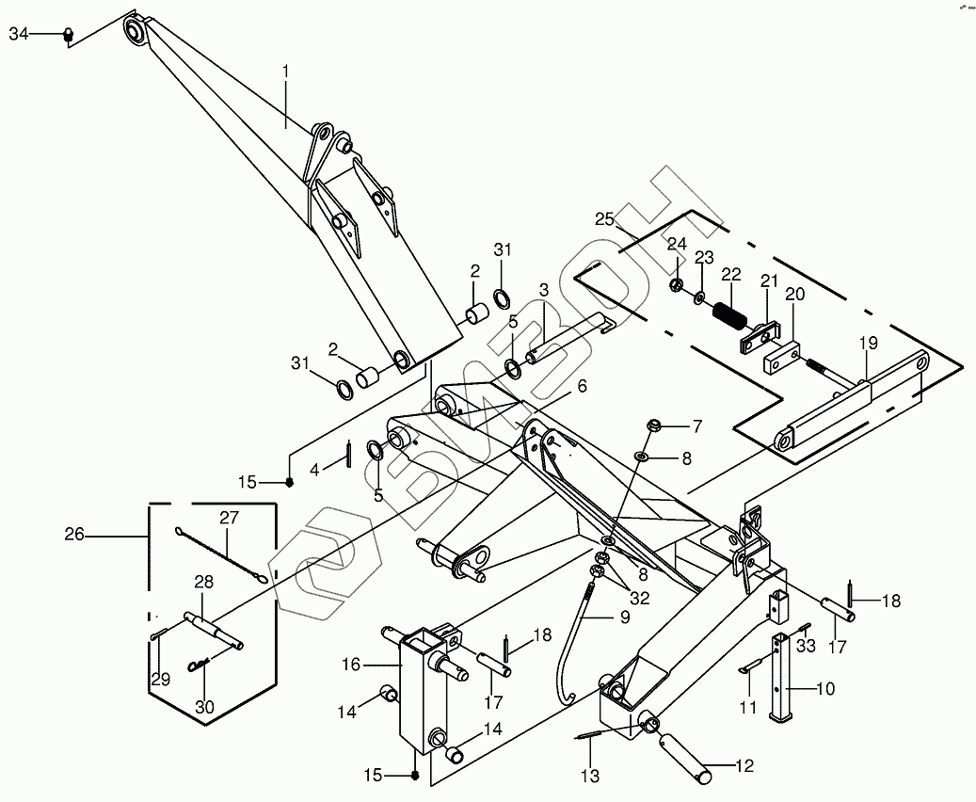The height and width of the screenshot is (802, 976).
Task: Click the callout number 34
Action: click(x=19, y=34)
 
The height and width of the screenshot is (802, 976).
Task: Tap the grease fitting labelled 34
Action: click(x=68, y=36)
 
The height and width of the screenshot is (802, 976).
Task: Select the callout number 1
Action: click(x=286, y=72)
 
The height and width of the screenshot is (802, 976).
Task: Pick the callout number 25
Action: click(x=604, y=219)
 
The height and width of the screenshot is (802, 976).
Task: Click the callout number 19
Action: click(x=869, y=343)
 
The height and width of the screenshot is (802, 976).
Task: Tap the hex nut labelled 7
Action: click(x=653, y=425)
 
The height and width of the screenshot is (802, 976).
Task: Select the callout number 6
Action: click(x=582, y=386)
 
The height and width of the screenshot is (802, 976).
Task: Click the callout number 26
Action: click(x=74, y=535)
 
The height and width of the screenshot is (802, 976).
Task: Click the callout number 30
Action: click(x=205, y=707)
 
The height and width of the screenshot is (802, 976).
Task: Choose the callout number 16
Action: click(x=351, y=665)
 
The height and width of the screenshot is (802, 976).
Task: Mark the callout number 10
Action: click(x=826, y=689)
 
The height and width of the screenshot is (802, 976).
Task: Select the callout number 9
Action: click(x=623, y=618)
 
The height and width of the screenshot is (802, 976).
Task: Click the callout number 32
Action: click(x=640, y=598)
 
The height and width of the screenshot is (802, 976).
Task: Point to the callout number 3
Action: click(x=544, y=290)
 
